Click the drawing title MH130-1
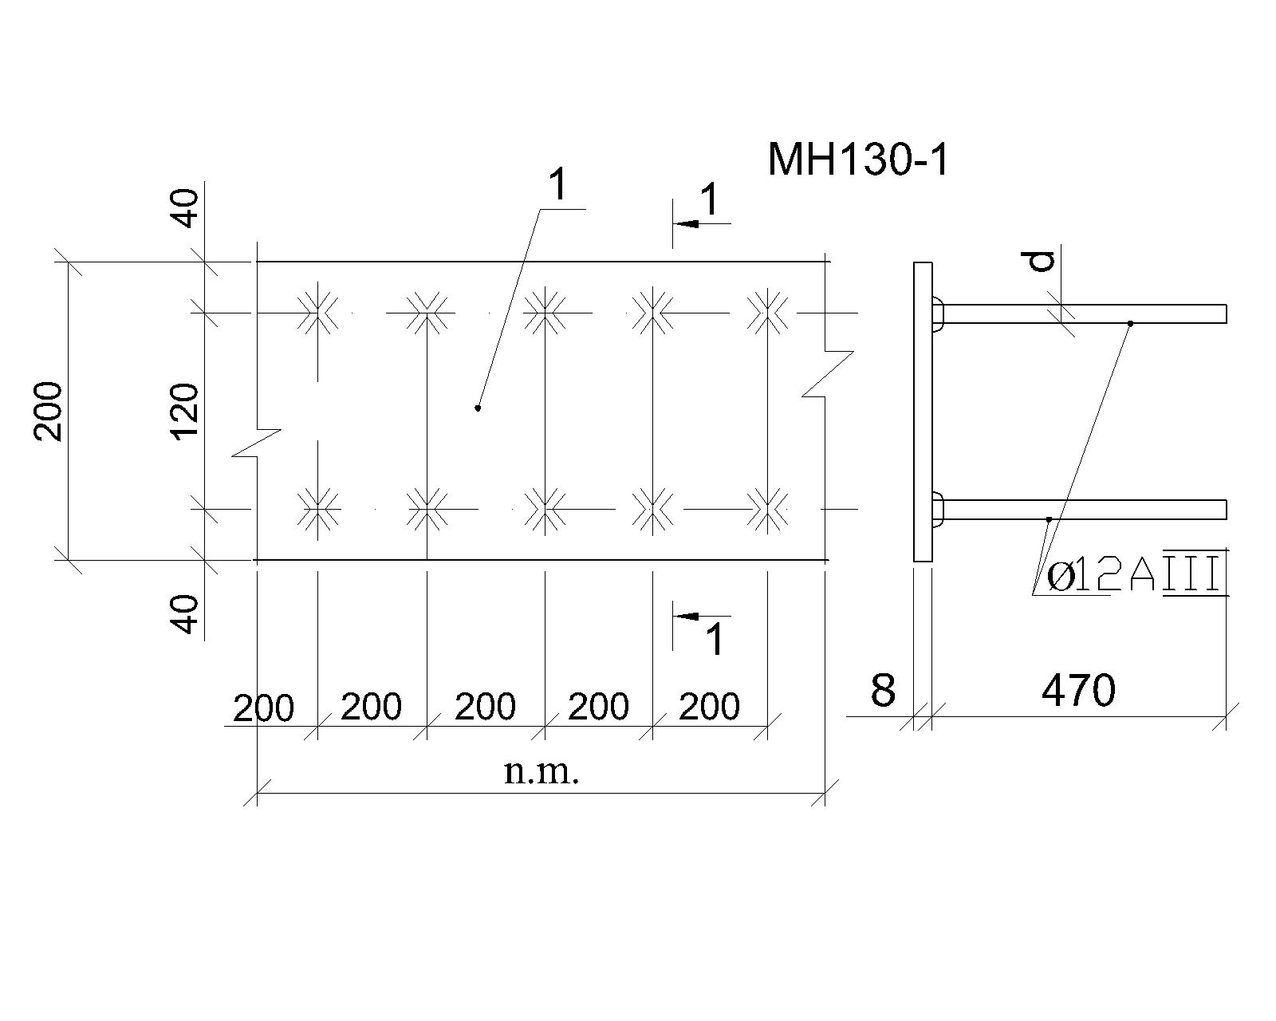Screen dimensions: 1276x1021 858,160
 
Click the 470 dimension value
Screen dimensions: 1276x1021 1078,691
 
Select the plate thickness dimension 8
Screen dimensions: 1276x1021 883,690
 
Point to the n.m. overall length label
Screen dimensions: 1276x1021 541,772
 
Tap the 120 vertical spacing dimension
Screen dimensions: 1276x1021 185,411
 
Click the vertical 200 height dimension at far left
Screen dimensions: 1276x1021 47,411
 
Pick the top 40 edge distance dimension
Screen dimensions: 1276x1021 187,208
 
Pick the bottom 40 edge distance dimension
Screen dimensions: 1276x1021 187,615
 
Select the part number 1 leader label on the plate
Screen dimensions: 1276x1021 558,184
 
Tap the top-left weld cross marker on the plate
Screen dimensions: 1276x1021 318,313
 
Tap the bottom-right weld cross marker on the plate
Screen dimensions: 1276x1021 768,509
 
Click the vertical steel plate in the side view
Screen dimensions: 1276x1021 923,411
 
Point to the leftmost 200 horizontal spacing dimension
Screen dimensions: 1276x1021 263,708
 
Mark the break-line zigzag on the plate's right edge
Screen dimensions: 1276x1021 827,374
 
